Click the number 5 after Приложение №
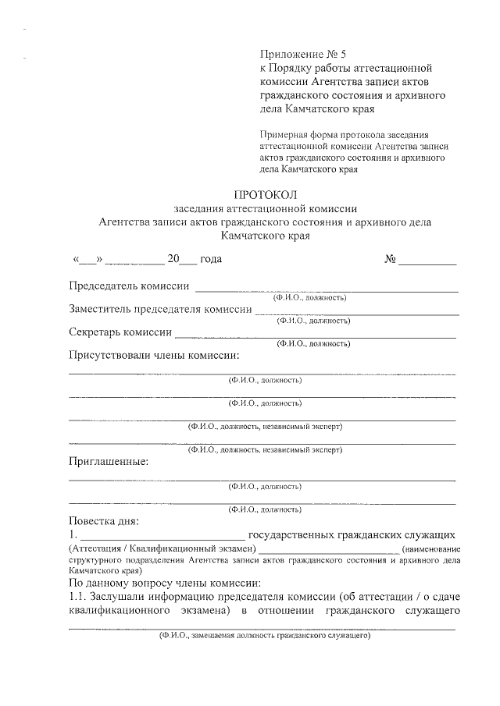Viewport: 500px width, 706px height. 341,55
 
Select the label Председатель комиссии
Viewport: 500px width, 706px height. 129,286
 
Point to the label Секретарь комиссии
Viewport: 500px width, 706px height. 120,332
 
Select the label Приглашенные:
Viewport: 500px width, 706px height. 108,461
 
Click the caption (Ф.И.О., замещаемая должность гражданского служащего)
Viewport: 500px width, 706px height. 264,636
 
